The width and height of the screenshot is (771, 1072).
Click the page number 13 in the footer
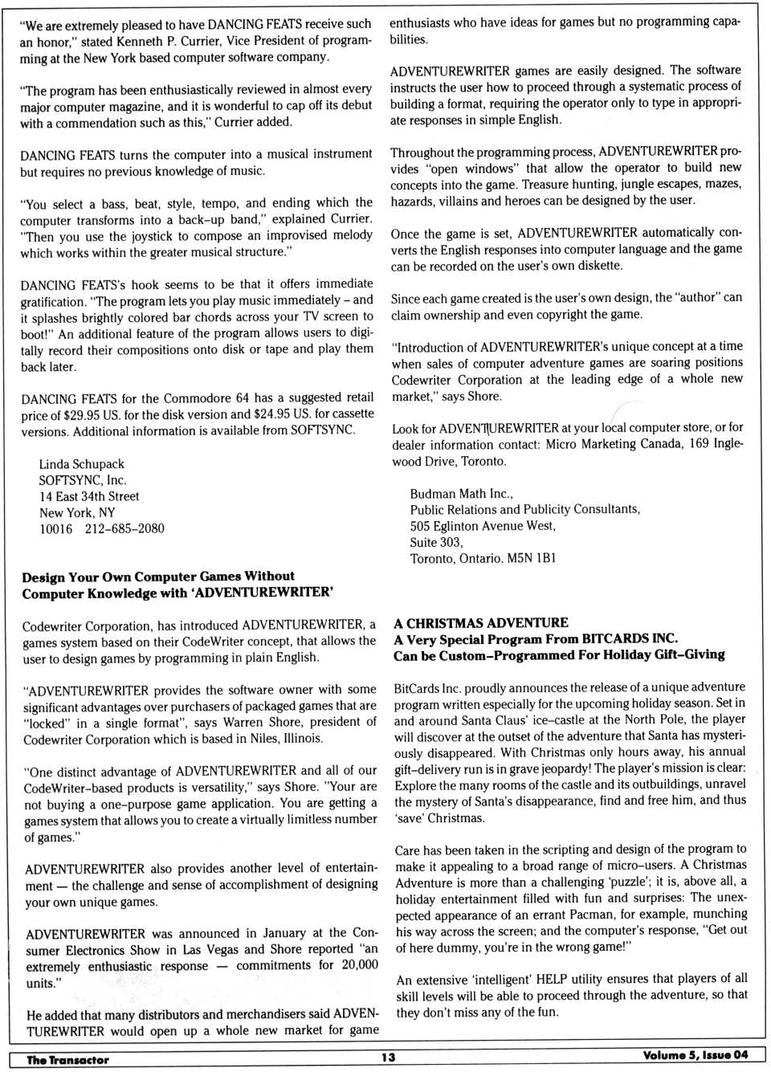pos(389,1057)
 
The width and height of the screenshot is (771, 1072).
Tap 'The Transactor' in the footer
pos(67,1060)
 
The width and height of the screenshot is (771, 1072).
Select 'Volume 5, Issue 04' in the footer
pos(695,1055)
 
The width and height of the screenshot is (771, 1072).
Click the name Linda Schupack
pos(82,464)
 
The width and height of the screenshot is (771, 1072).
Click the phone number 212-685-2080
pos(124,529)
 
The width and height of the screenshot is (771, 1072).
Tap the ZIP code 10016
pos(56,529)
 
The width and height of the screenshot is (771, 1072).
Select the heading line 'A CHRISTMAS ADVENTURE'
pos(481,623)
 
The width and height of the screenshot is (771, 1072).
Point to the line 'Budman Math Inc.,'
pos(461,494)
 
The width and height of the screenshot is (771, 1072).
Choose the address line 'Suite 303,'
pos(436,542)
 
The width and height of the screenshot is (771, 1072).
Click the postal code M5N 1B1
pos(531,558)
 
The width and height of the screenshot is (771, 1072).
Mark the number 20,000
pos(359,965)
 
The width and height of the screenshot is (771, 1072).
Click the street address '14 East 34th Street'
pos(89,496)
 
